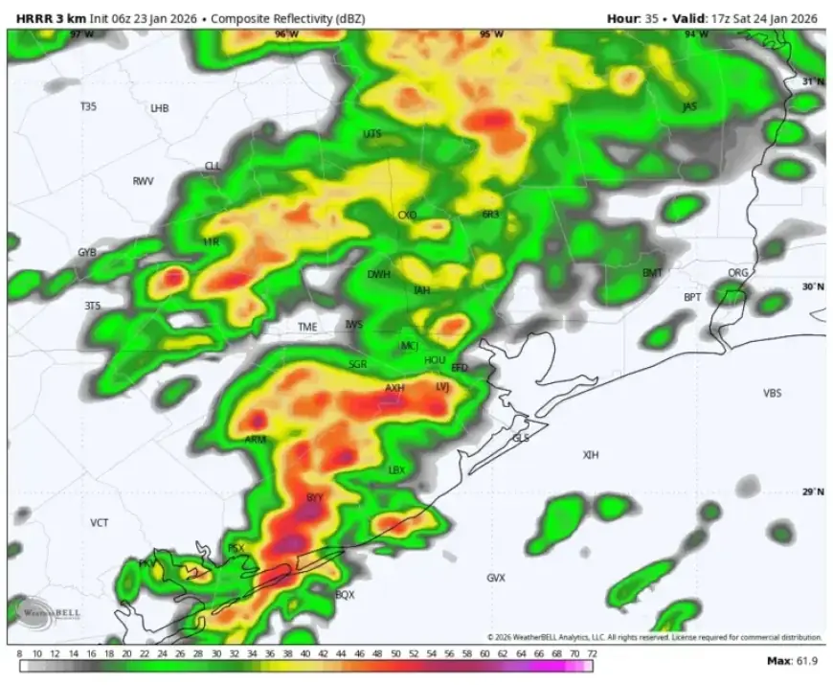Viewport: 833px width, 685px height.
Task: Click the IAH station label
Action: tap(421, 290)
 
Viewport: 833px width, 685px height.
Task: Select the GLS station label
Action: tap(521, 437)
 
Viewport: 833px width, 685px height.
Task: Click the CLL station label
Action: tap(213, 166)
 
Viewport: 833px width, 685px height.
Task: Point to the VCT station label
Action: tap(100, 523)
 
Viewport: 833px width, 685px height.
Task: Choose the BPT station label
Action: tap(692, 297)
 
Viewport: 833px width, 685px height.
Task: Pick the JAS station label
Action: tap(688, 106)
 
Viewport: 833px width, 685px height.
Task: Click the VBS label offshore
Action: tap(772, 394)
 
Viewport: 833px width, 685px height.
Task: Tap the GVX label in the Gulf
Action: tap(495, 578)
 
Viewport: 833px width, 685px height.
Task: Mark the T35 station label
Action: tap(88, 107)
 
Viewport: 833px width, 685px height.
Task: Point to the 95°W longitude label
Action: tap(491, 34)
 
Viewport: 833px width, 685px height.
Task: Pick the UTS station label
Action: tap(371, 134)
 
